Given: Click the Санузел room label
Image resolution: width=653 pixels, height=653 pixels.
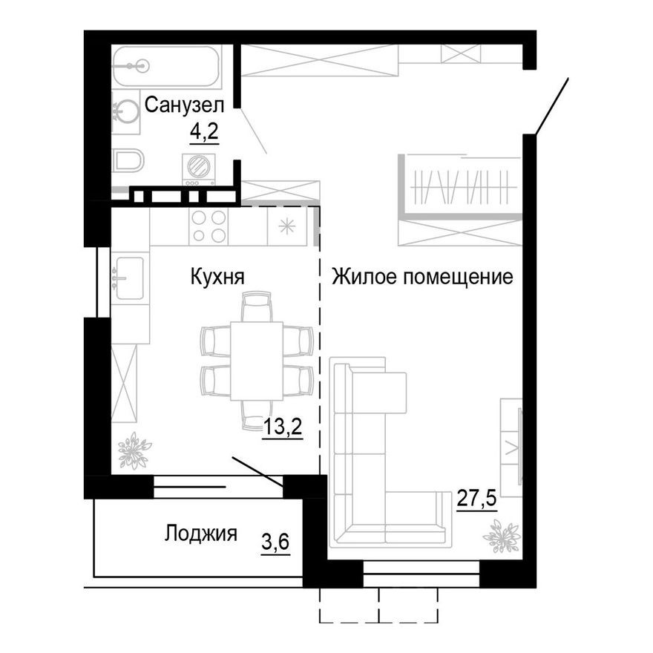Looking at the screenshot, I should (184, 105).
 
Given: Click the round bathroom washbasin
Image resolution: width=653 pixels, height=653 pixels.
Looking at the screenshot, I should (126, 114).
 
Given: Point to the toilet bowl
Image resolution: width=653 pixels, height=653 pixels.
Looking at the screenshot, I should (125, 160).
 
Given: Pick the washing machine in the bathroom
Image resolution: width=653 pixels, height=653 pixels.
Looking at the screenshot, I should (198, 169).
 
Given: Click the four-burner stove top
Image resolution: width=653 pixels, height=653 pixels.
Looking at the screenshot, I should (209, 226).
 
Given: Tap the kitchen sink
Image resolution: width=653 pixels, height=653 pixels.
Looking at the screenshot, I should (129, 277).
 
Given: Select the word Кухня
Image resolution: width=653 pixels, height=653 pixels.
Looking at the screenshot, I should (217, 278).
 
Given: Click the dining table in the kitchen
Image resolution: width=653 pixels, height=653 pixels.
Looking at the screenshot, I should (256, 360).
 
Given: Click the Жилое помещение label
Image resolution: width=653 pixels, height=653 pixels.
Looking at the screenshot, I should (422, 278).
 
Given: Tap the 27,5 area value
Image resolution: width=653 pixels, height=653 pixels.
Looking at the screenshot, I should (476, 496).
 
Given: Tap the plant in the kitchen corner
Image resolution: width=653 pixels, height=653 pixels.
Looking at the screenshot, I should (134, 450).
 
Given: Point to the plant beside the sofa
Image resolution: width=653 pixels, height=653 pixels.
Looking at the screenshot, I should (501, 536).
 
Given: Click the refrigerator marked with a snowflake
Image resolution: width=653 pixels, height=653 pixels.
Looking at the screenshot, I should (287, 226).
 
